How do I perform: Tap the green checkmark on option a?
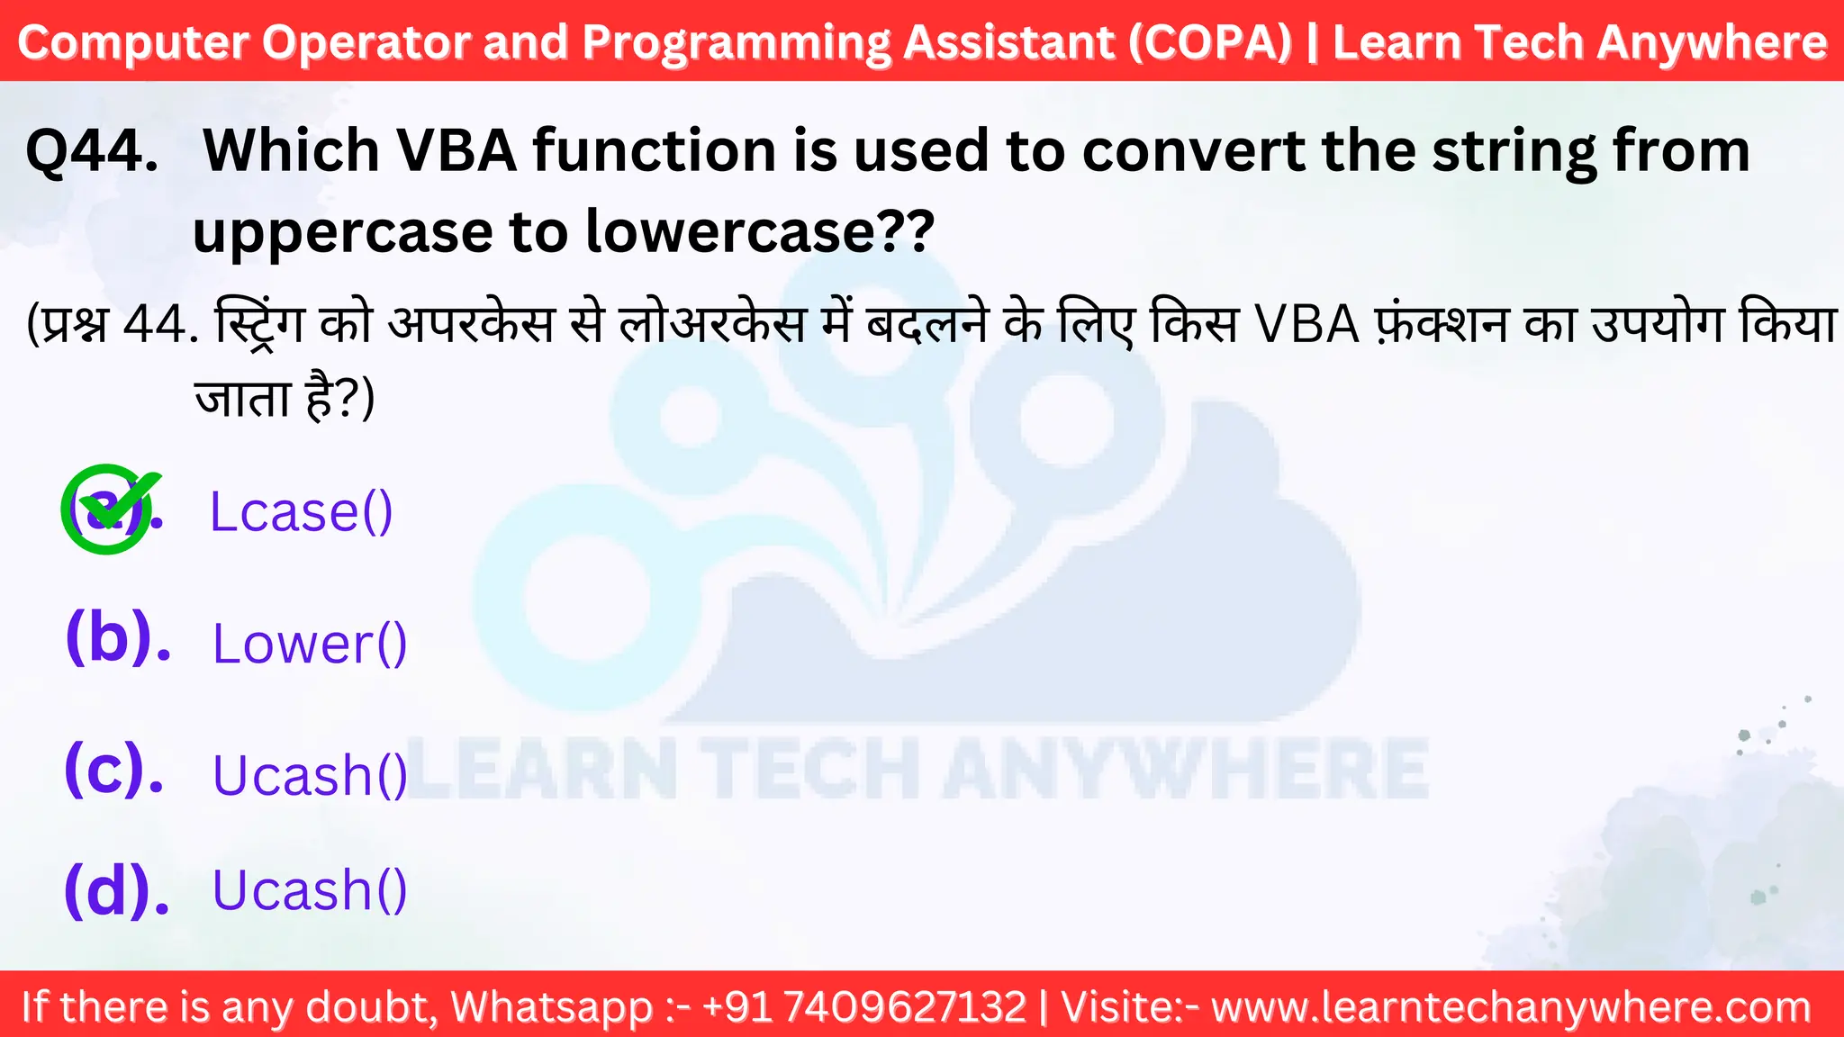click(110, 509)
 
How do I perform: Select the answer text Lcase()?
click(301, 512)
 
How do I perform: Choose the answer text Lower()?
click(310, 644)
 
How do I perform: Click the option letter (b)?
click(118, 637)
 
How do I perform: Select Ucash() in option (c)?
click(310, 775)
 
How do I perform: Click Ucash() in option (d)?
click(310, 890)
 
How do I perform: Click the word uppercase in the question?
click(343, 232)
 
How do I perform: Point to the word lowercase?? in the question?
click(760, 231)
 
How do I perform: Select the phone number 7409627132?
click(905, 1006)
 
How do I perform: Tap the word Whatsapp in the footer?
click(552, 1006)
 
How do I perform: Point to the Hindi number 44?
click(159, 323)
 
